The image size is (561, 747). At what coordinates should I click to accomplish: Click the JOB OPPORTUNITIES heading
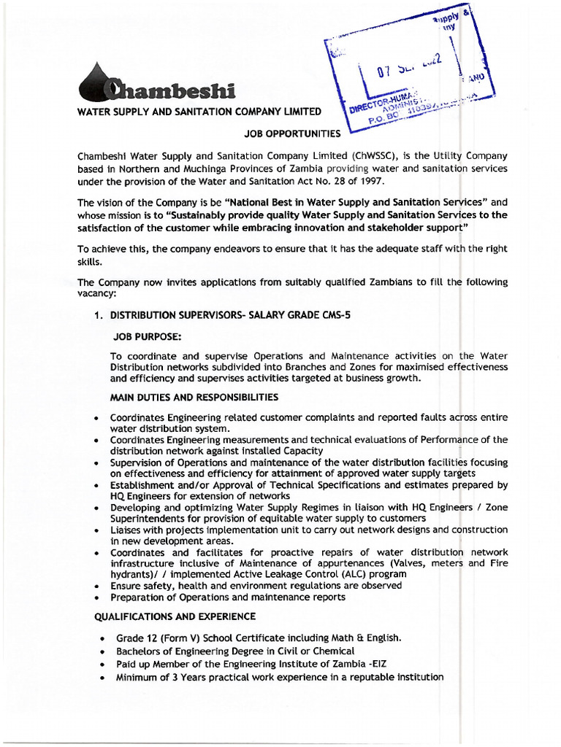pos(292,133)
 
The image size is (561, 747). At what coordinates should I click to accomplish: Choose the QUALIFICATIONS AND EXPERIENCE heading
pos(175,616)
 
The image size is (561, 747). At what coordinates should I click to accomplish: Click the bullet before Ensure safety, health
pos(96,587)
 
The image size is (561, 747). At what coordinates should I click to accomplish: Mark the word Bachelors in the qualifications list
pos(139,651)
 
